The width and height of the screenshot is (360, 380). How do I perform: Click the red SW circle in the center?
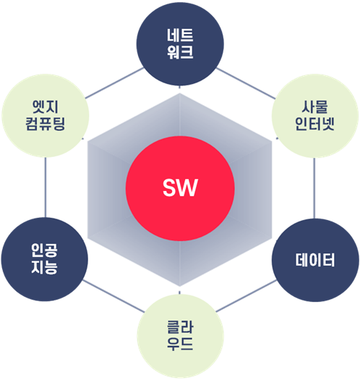coord(180,188)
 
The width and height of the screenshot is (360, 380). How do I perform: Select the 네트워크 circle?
coord(180,43)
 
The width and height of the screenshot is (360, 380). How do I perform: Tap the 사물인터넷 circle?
coord(314,116)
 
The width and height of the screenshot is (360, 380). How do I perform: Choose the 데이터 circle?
coord(315,260)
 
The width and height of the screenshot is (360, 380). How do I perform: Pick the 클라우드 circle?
coord(181,336)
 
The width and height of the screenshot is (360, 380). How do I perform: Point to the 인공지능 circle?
coord(45,259)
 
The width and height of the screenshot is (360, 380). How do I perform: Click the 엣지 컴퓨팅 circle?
coord(46,116)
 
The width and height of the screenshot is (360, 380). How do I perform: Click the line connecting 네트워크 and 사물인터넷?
coord(246,84)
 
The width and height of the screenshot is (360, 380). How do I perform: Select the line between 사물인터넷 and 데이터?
coord(314,188)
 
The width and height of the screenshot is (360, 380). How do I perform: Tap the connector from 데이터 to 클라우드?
coord(247,296)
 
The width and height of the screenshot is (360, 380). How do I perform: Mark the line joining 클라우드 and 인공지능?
coord(113,296)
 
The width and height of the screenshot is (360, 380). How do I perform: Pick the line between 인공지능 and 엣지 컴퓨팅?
coord(46,187)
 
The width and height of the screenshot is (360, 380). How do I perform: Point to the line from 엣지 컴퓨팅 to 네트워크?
coord(114,83)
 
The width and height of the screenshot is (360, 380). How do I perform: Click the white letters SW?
coord(180,187)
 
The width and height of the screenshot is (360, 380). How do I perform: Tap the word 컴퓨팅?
coord(46,124)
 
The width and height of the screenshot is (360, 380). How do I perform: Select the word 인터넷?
coord(314,124)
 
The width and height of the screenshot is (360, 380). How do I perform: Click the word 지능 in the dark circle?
coord(45,268)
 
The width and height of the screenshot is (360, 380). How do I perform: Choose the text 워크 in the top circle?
coord(180,52)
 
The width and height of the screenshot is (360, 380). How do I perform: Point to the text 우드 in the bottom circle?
coord(181,345)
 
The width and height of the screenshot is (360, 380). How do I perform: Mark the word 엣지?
coord(46,107)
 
